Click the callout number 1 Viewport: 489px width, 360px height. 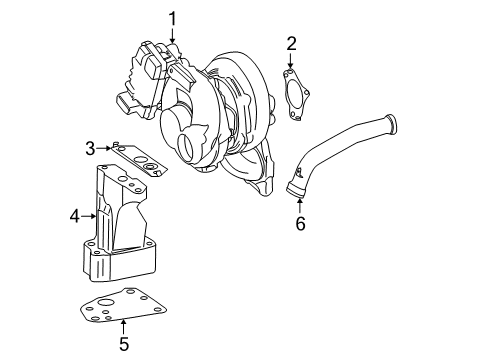(172, 17)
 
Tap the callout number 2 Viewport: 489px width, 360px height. (291, 43)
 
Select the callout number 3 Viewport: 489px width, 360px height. (90, 149)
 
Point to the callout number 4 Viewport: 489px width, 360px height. (74, 213)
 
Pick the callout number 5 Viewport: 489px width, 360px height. (124, 345)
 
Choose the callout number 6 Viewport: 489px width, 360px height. (299, 224)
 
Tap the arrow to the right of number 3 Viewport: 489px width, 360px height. (107, 149)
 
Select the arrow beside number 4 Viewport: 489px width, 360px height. (90, 213)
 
